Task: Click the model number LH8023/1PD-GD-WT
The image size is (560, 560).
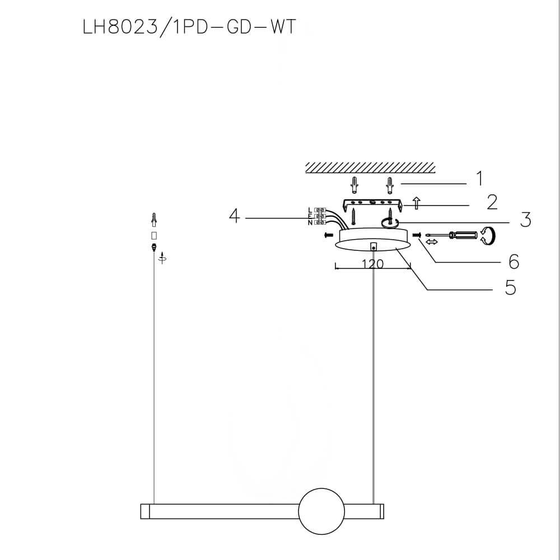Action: click(x=189, y=28)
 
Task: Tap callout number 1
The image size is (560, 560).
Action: click(x=479, y=179)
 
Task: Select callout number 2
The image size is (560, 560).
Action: click(x=492, y=202)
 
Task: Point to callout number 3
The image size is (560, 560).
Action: click(x=525, y=220)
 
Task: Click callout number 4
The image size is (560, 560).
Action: click(x=235, y=216)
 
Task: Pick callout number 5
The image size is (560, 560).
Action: click(x=510, y=287)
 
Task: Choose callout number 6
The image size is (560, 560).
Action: click(x=514, y=261)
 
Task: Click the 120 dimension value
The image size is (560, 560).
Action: click(x=372, y=264)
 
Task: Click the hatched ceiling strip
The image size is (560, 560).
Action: click(x=370, y=167)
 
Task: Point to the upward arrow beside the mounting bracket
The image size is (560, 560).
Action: click(x=416, y=203)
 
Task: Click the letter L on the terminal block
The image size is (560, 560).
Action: click(x=310, y=209)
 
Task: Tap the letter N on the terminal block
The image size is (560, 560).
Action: click(x=310, y=223)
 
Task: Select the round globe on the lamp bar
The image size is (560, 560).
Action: click(x=321, y=511)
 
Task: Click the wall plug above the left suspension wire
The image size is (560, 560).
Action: click(x=153, y=218)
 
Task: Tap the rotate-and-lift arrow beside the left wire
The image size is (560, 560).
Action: click(x=162, y=258)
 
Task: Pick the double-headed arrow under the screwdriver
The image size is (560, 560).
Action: click(x=431, y=242)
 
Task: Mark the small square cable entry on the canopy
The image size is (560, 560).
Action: click(x=373, y=245)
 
